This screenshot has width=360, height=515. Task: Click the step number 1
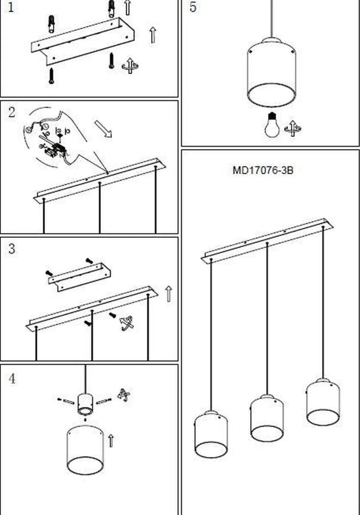[11, 7]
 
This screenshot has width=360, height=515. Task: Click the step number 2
[11, 112]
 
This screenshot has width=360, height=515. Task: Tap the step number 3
[11, 249]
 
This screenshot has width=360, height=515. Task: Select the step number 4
[11, 379]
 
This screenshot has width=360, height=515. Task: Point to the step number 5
[193, 7]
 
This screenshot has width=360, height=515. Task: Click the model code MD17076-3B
[263, 170]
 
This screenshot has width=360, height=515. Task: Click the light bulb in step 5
[272, 125]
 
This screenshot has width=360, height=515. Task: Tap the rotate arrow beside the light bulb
[292, 128]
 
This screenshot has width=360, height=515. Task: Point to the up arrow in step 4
[110, 440]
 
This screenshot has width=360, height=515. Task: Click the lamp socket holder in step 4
[85, 404]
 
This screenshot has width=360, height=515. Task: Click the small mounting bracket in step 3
[79, 276]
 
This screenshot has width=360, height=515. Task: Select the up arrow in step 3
[169, 294]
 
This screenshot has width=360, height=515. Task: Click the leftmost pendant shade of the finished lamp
[211, 435]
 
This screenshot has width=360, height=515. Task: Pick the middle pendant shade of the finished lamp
[267, 418]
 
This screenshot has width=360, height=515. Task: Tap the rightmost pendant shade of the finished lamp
[323, 402]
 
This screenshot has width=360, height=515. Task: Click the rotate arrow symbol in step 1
[130, 66]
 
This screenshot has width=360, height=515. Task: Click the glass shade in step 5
[272, 73]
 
